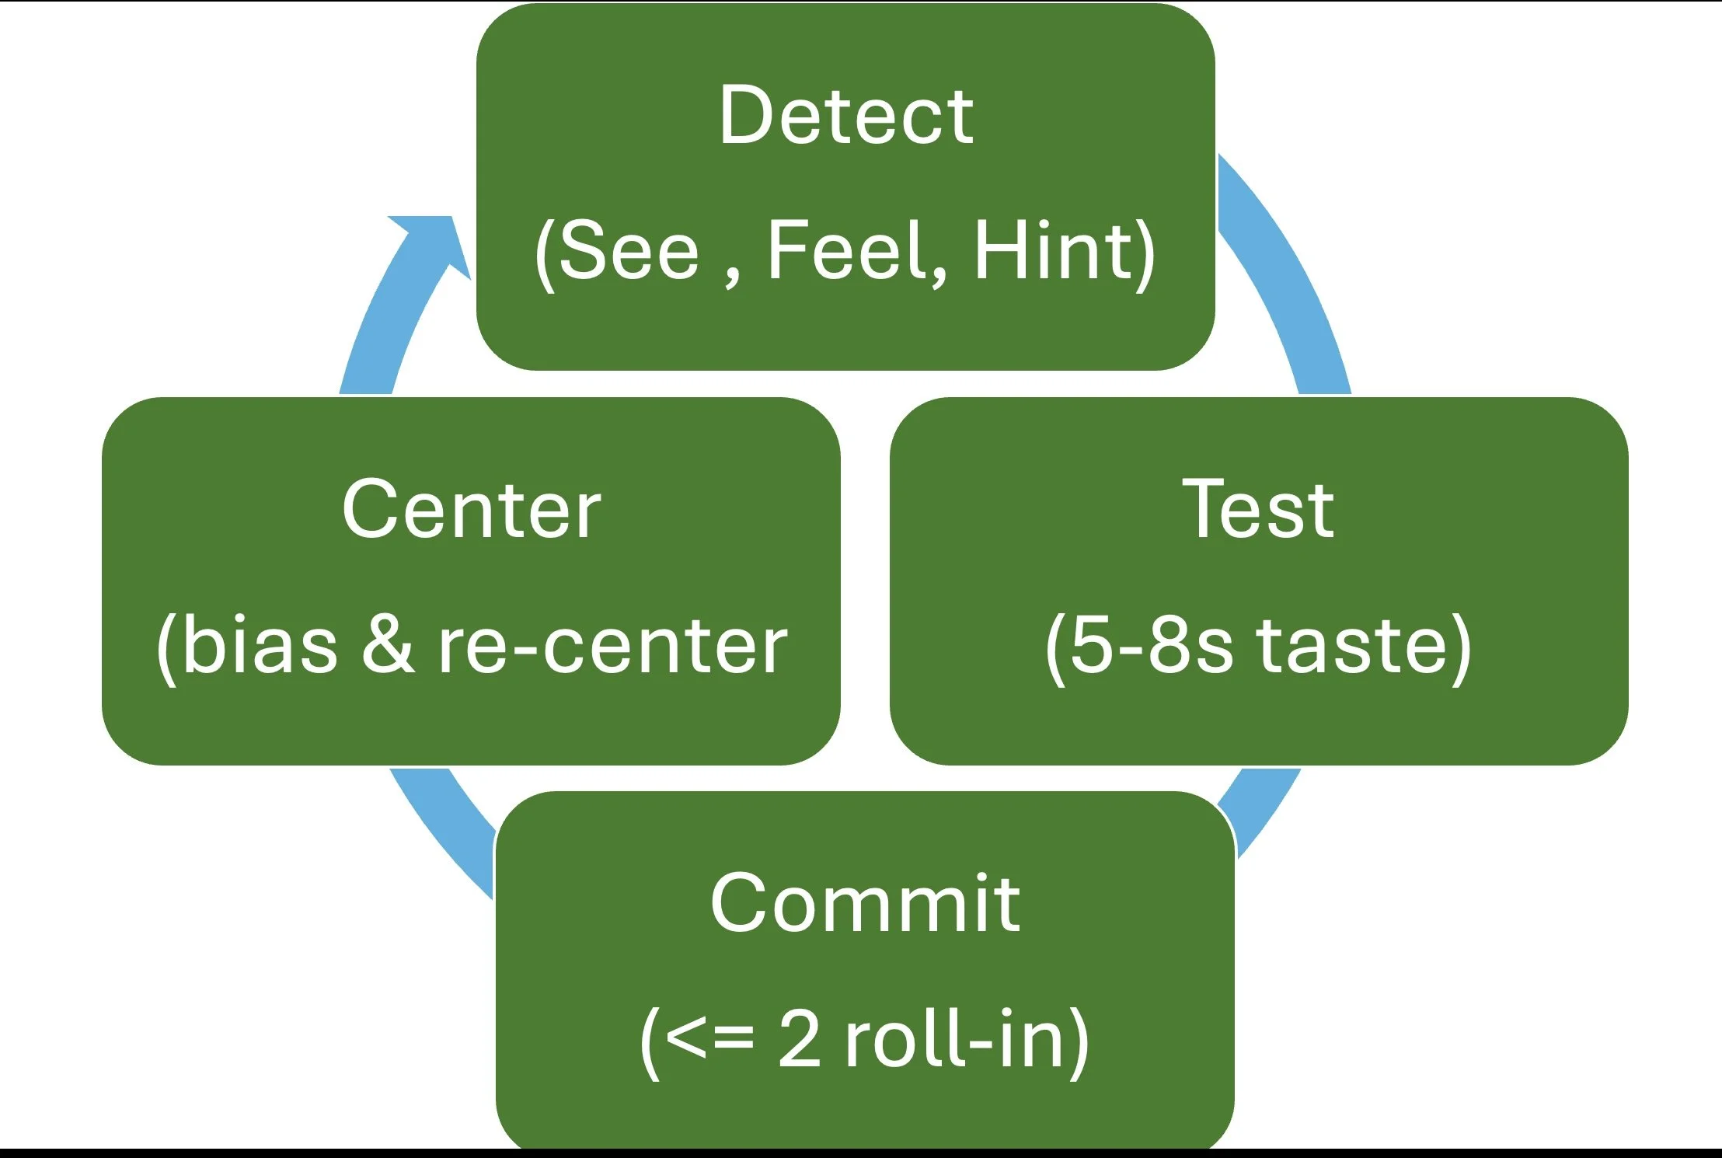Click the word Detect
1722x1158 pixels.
coord(845,117)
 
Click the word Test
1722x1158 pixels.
coord(1258,510)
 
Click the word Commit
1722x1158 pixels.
coord(864,903)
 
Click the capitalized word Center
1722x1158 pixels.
coord(471,510)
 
